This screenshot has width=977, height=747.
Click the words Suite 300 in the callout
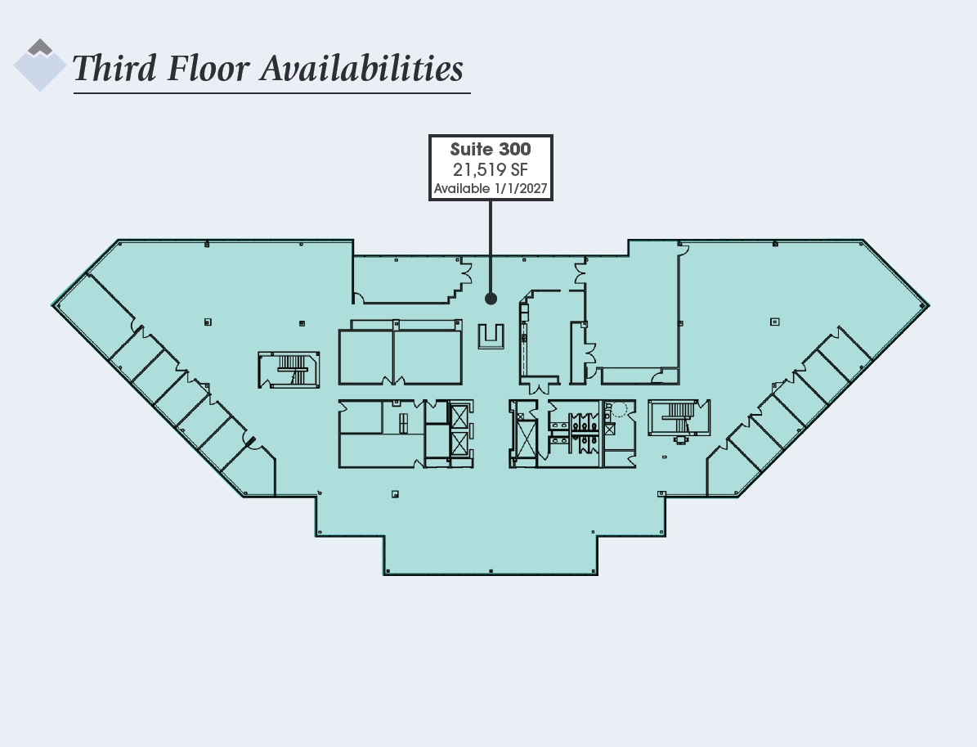pyautogui.click(x=491, y=150)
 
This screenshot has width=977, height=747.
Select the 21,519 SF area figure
pyautogui.click(x=491, y=169)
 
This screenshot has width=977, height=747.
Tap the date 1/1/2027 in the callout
pyautogui.click(x=521, y=189)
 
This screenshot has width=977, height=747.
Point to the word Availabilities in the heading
pyautogui.click(x=361, y=69)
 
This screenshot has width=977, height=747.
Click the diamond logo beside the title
pyautogui.click(x=39, y=65)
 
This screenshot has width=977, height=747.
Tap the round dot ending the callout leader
pyautogui.click(x=491, y=299)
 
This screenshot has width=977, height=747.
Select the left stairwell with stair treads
pyautogui.click(x=289, y=370)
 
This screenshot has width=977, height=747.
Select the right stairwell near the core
pyautogui.click(x=679, y=417)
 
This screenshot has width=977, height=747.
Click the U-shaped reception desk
pyautogui.click(x=491, y=336)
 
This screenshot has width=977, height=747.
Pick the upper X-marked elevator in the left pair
pyautogui.click(x=460, y=415)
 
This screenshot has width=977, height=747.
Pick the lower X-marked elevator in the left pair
pyautogui.click(x=460, y=446)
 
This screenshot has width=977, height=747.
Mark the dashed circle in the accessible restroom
pyautogui.click(x=620, y=409)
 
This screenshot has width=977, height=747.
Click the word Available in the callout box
pyautogui.click(x=462, y=189)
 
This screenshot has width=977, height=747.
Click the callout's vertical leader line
pyautogui.click(x=491, y=245)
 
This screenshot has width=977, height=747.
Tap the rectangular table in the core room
pyautogui.click(x=403, y=422)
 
